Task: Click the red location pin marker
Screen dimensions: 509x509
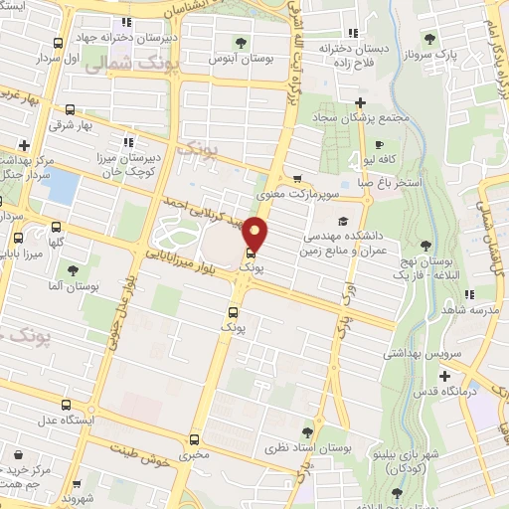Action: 255,233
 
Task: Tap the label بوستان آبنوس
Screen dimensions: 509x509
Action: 240,60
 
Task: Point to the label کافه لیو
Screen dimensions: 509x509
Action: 381,159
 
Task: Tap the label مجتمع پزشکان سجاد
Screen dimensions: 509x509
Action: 360,119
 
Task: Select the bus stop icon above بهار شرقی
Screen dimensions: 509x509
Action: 70,110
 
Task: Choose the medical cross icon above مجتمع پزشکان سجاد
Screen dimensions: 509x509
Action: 360,102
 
